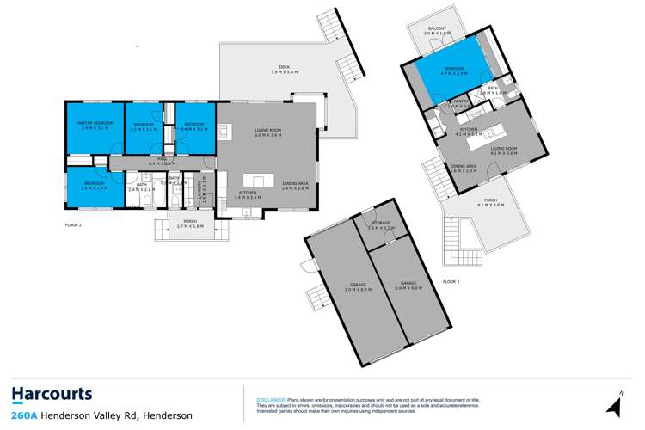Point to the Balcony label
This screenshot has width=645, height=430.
point(438,31)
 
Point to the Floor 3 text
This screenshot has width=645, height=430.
point(451,281)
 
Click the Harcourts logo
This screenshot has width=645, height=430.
point(52,395)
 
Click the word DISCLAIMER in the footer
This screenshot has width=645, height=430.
point(271,400)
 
